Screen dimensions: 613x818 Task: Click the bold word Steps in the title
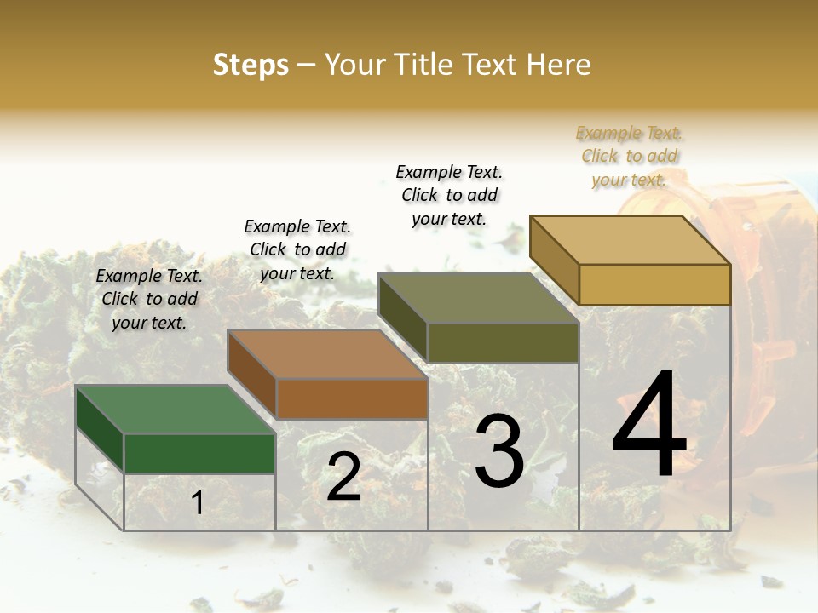click(251, 65)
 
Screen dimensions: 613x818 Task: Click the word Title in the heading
click(423, 65)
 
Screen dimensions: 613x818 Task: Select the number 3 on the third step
click(499, 450)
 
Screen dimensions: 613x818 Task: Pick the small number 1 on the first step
click(198, 502)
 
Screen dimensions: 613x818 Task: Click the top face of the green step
click(176, 410)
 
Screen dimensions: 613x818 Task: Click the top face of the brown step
click(327, 354)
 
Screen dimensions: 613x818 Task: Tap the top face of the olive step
click(479, 298)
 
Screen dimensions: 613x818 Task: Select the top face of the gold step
click(631, 240)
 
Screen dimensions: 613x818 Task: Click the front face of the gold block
click(654, 284)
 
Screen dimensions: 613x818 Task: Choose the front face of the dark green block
click(199, 453)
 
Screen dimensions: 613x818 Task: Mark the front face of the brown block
click(351, 398)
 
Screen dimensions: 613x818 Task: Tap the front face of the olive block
click(503, 342)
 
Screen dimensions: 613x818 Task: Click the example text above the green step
click(149, 299)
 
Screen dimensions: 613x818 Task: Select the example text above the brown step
click(297, 249)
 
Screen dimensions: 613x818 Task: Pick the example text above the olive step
click(449, 195)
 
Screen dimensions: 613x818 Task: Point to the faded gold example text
click(629, 156)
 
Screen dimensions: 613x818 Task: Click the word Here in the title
click(562, 65)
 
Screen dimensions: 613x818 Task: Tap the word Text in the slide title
click(495, 65)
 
